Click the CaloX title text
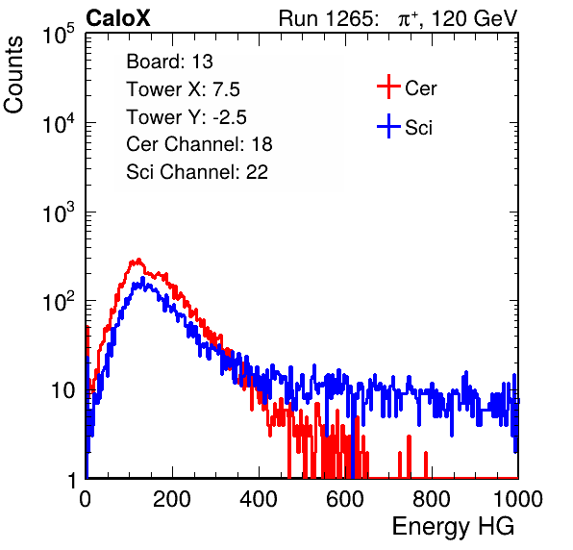pos(118,18)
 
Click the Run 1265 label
pos(328,18)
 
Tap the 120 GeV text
pos(475,18)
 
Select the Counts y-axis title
pos(13,75)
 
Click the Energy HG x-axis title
pos(453,527)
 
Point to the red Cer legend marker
pos(388,87)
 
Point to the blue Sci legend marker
pos(388,127)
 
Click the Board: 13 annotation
pos(169,62)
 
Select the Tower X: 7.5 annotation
pos(183,89)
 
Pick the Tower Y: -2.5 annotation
pos(187,117)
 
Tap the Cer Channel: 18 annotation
pos(199,144)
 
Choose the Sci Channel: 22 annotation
pos(197,172)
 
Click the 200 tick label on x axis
pos(172,499)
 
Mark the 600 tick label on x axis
pos(345,499)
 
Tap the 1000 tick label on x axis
pos(518,499)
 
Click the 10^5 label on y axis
pos(59,34)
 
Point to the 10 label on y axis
pos(62,390)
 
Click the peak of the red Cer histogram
pos(138,260)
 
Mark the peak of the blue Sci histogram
pos(142,279)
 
